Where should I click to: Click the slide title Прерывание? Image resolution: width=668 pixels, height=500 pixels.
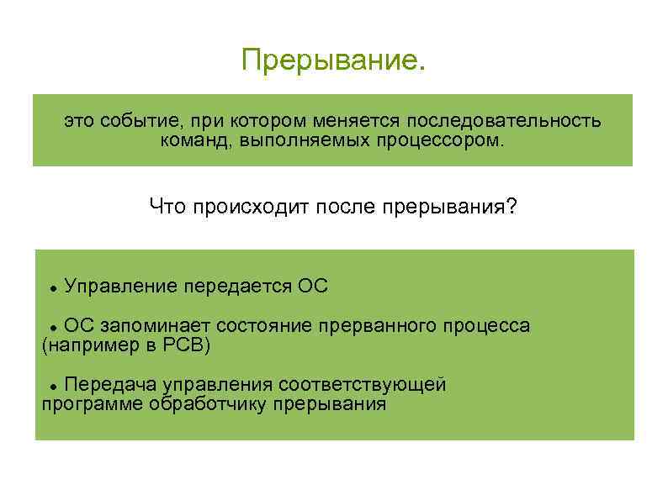coord(333,61)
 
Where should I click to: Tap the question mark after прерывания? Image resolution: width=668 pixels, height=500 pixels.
coord(512,206)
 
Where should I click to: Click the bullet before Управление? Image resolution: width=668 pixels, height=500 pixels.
coord(53,288)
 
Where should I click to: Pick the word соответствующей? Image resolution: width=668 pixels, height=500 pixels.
coord(363,385)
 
